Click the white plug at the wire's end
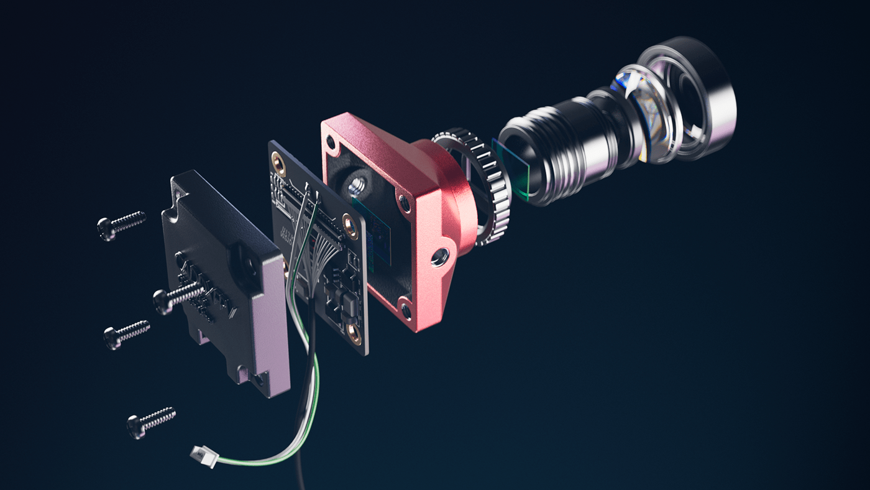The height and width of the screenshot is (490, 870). (x=204, y=456)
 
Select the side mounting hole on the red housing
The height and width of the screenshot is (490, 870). (x=440, y=255)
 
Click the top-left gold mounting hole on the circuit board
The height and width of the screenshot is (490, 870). (x=279, y=165)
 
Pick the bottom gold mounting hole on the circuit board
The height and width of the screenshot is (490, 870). (x=355, y=336)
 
